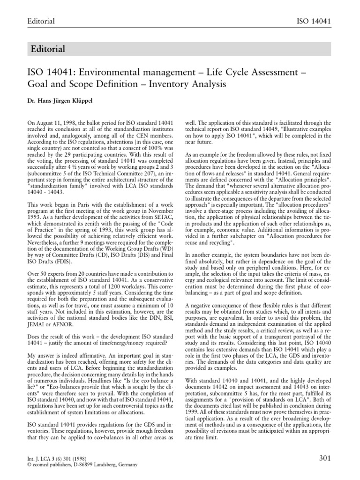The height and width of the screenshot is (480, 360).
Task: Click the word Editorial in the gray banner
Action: [x=47, y=49]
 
